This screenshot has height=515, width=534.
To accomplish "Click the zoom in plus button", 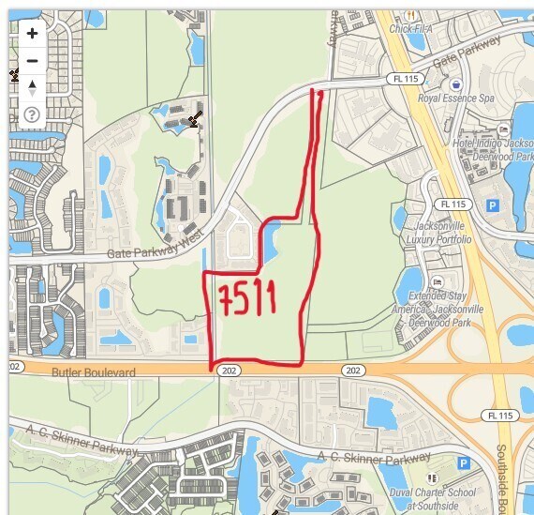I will click(x=33, y=34).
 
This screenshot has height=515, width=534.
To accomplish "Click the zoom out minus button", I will click(x=33, y=61).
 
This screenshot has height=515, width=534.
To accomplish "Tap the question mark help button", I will click(x=33, y=115).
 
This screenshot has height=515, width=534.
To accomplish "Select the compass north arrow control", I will click(x=33, y=88).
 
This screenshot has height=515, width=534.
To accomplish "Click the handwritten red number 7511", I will click(x=247, y=298).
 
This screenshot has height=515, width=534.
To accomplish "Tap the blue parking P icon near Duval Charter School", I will click(x=462, y=462).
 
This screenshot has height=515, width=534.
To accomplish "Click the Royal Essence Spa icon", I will click(x=456, y=83).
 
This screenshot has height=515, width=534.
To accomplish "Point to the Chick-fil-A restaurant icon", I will click(x=410, y=14).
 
